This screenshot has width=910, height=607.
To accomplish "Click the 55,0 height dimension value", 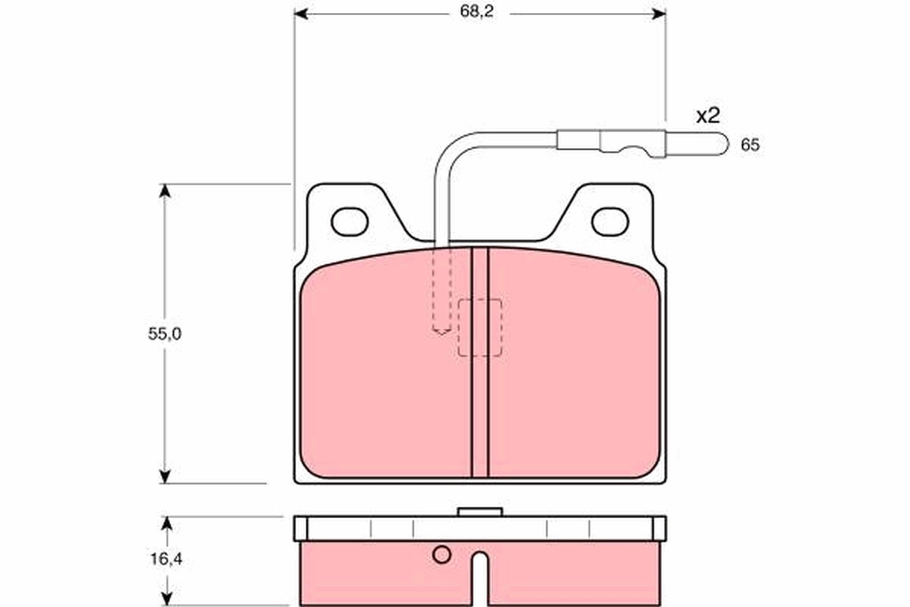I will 164,333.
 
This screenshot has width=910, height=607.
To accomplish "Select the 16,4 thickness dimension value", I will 164,560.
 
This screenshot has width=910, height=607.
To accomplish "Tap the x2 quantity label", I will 707,116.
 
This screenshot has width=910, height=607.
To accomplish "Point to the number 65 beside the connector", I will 750,145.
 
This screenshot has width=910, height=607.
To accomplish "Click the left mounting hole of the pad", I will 350,221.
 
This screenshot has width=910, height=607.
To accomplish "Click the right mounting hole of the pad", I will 610,221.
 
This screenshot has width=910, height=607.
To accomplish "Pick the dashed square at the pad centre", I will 480,327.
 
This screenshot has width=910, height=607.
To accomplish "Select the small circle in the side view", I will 441,555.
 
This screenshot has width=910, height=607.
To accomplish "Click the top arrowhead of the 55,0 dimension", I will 164,190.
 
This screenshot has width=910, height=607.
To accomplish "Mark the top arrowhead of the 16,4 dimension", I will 168,524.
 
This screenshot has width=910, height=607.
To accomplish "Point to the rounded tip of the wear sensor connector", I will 723,143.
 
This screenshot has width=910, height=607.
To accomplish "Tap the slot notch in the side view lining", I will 480,577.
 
